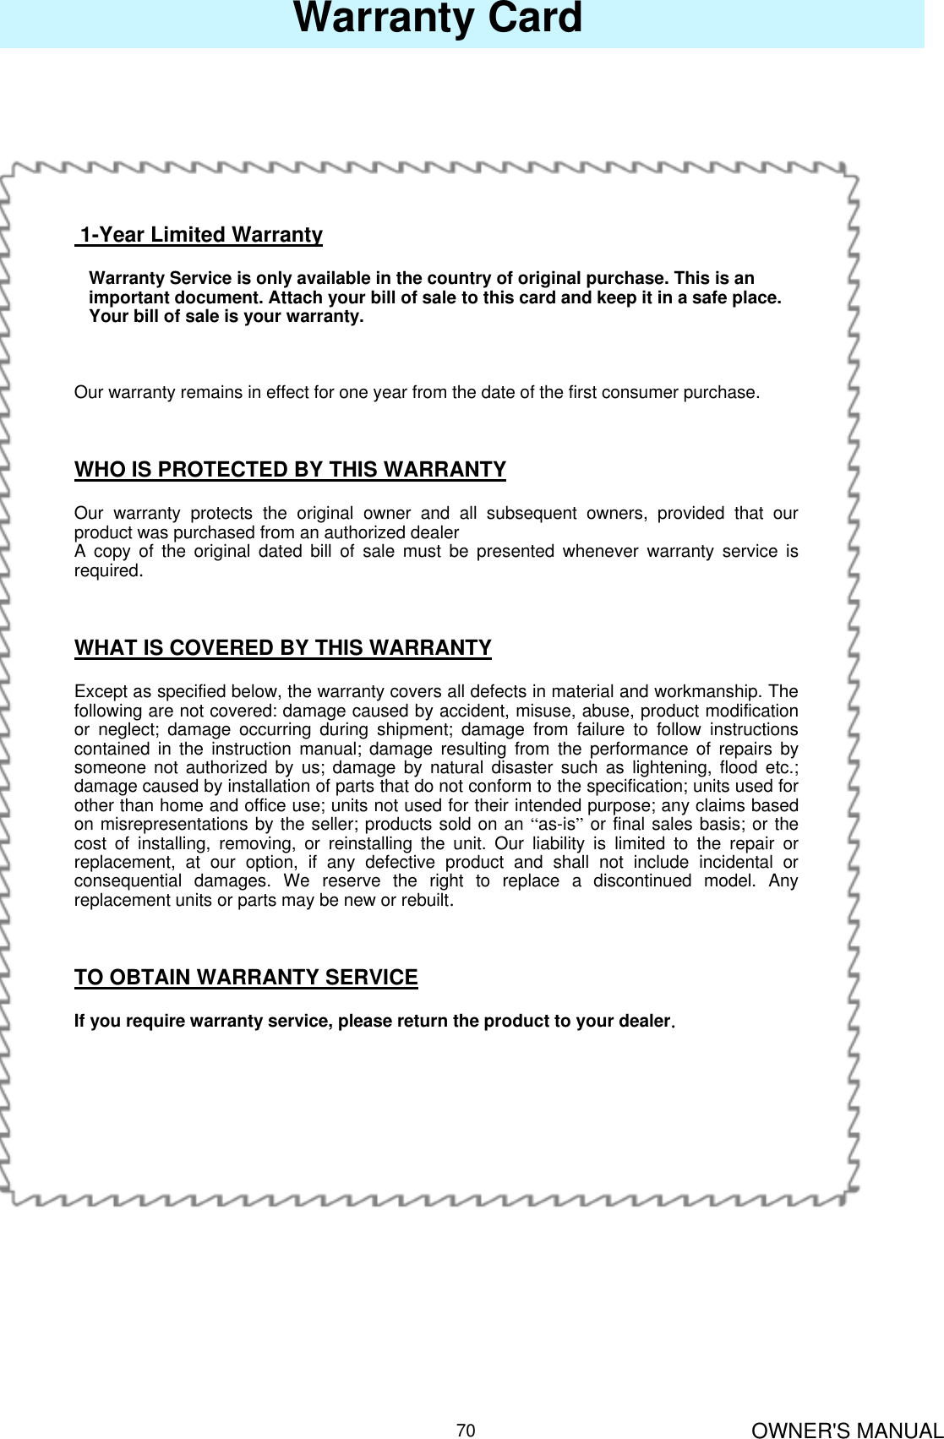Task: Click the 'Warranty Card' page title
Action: pyautogui.click(x=438, y=19)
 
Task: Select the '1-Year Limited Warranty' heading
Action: pyautogui.click(x=201, y=235)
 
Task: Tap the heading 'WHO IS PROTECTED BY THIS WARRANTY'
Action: pyautogui.click(x=290, y=470)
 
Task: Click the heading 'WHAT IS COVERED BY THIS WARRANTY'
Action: pyautogui.click(x=282, y=648)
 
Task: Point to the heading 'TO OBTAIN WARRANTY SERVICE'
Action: pyautogui.click(x=246, y=978)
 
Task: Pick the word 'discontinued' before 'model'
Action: pyautogui.click(x=641, y=881)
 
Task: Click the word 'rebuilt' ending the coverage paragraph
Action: pyautogui.click(x=428, y=901)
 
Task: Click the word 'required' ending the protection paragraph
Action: pyautogui.click(x=106, y=571)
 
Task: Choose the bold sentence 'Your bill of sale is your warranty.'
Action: pyautogui.click(x=226, y=317)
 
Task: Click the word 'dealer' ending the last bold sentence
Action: pyautogui.click(x=645, y=1022)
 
